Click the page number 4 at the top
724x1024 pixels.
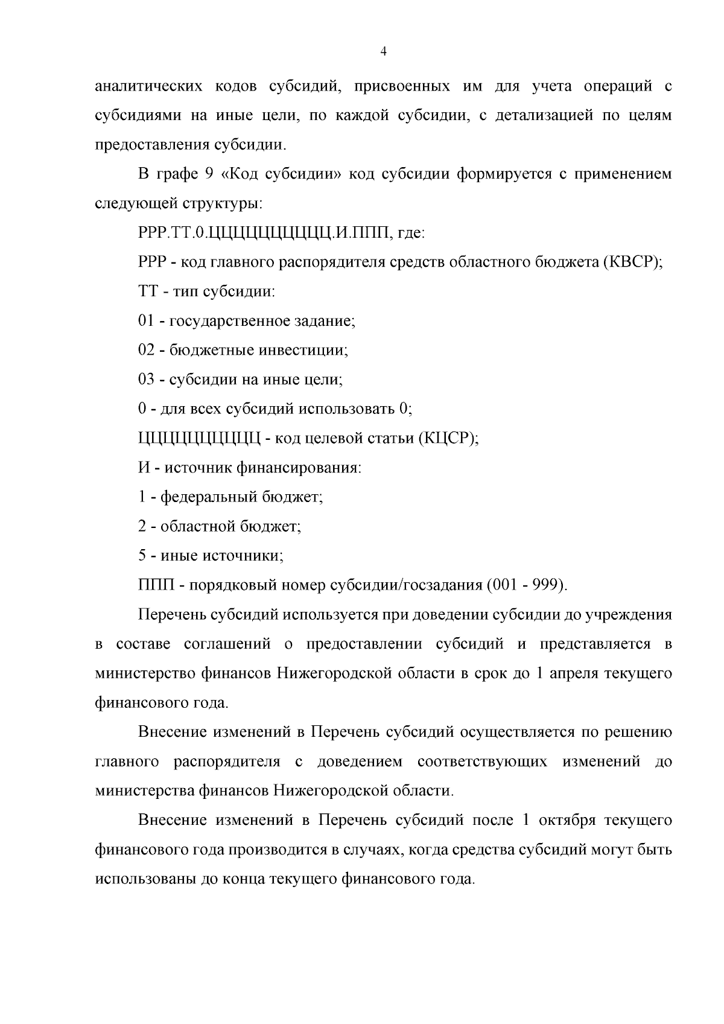(383, 52)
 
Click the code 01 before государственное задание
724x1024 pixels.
(146, 321)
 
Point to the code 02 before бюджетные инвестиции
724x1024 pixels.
(146, 351)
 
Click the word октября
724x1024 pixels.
(567, 821)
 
